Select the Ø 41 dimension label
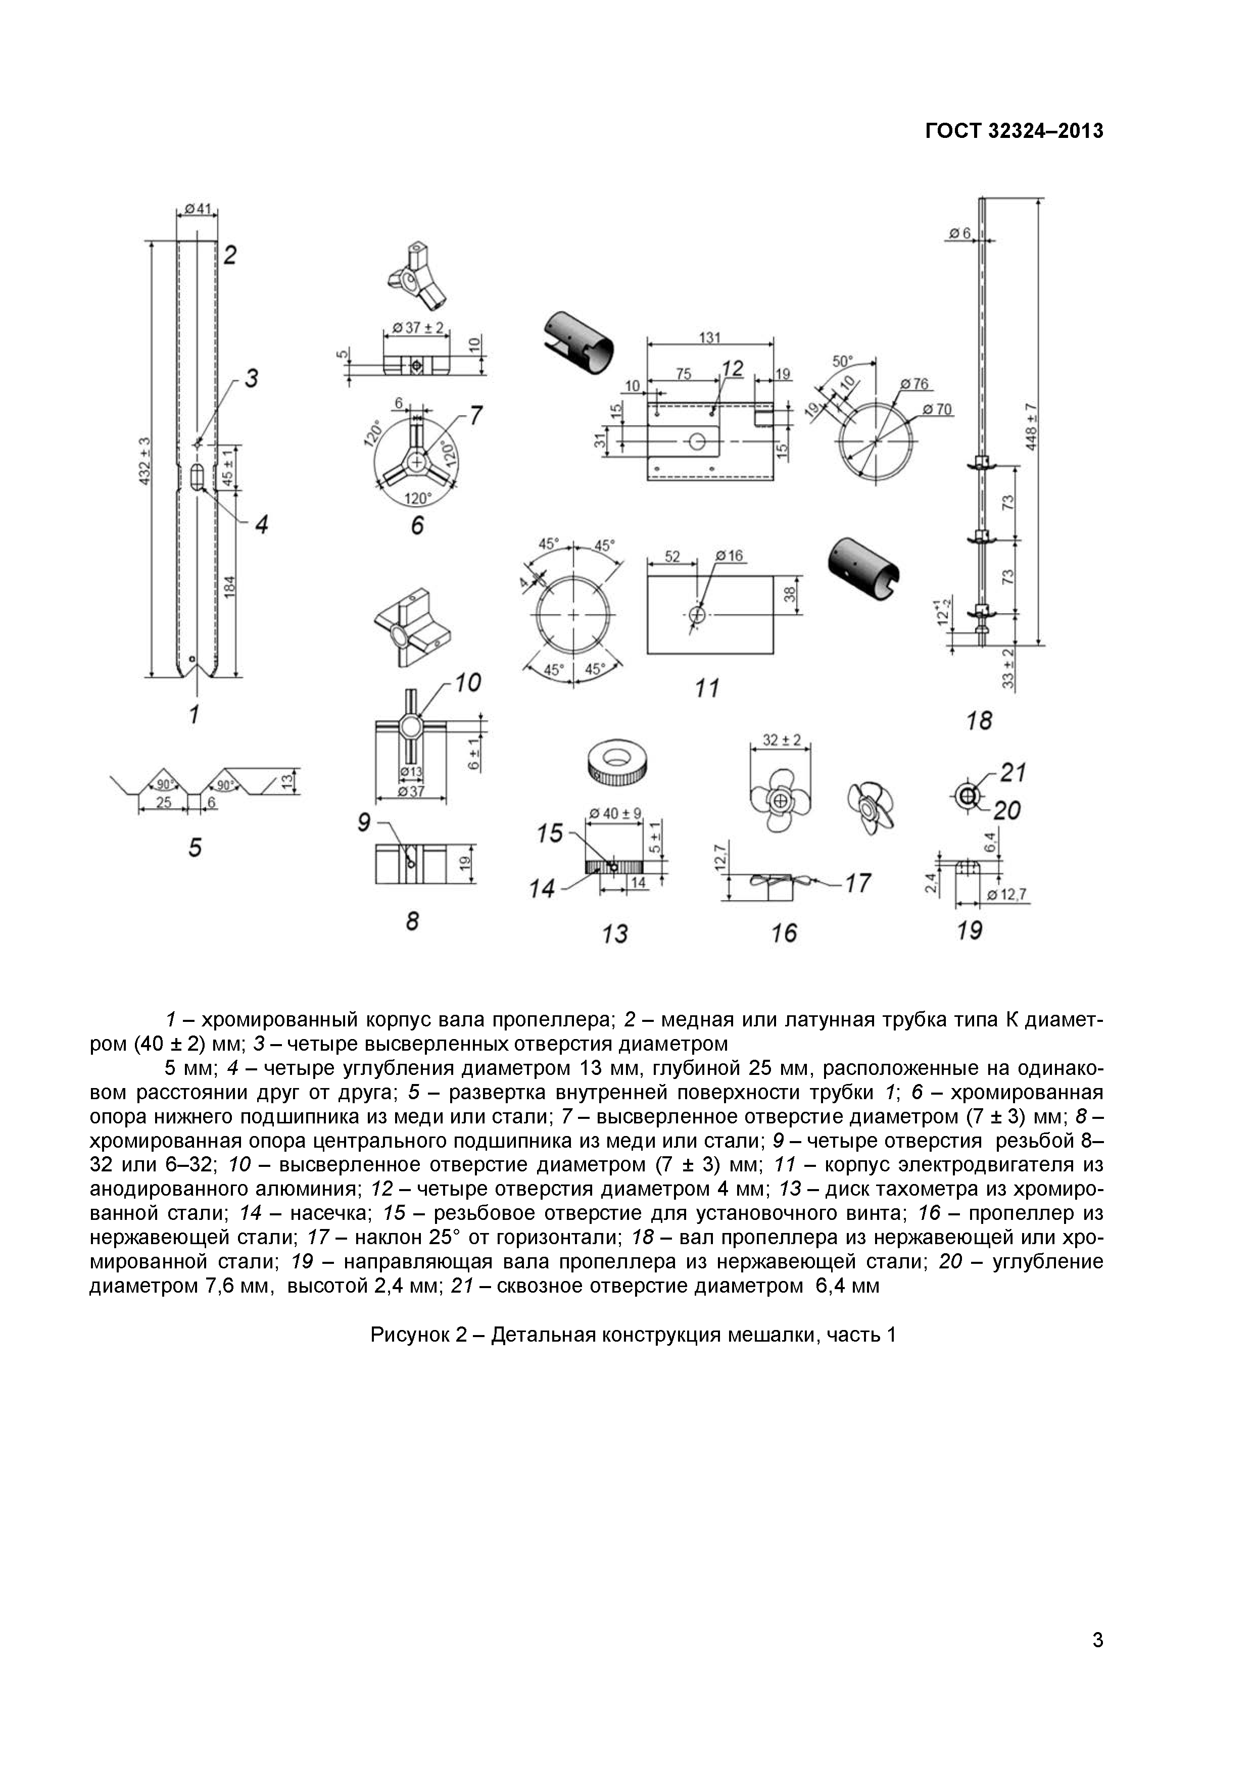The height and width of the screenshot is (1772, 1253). click(x=198, y=209)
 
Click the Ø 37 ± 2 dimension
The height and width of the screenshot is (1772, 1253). click(x=418, y=327)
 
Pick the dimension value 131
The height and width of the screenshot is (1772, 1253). click(x=709, y=337)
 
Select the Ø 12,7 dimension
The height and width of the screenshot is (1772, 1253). click(x=1010, y=895)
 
